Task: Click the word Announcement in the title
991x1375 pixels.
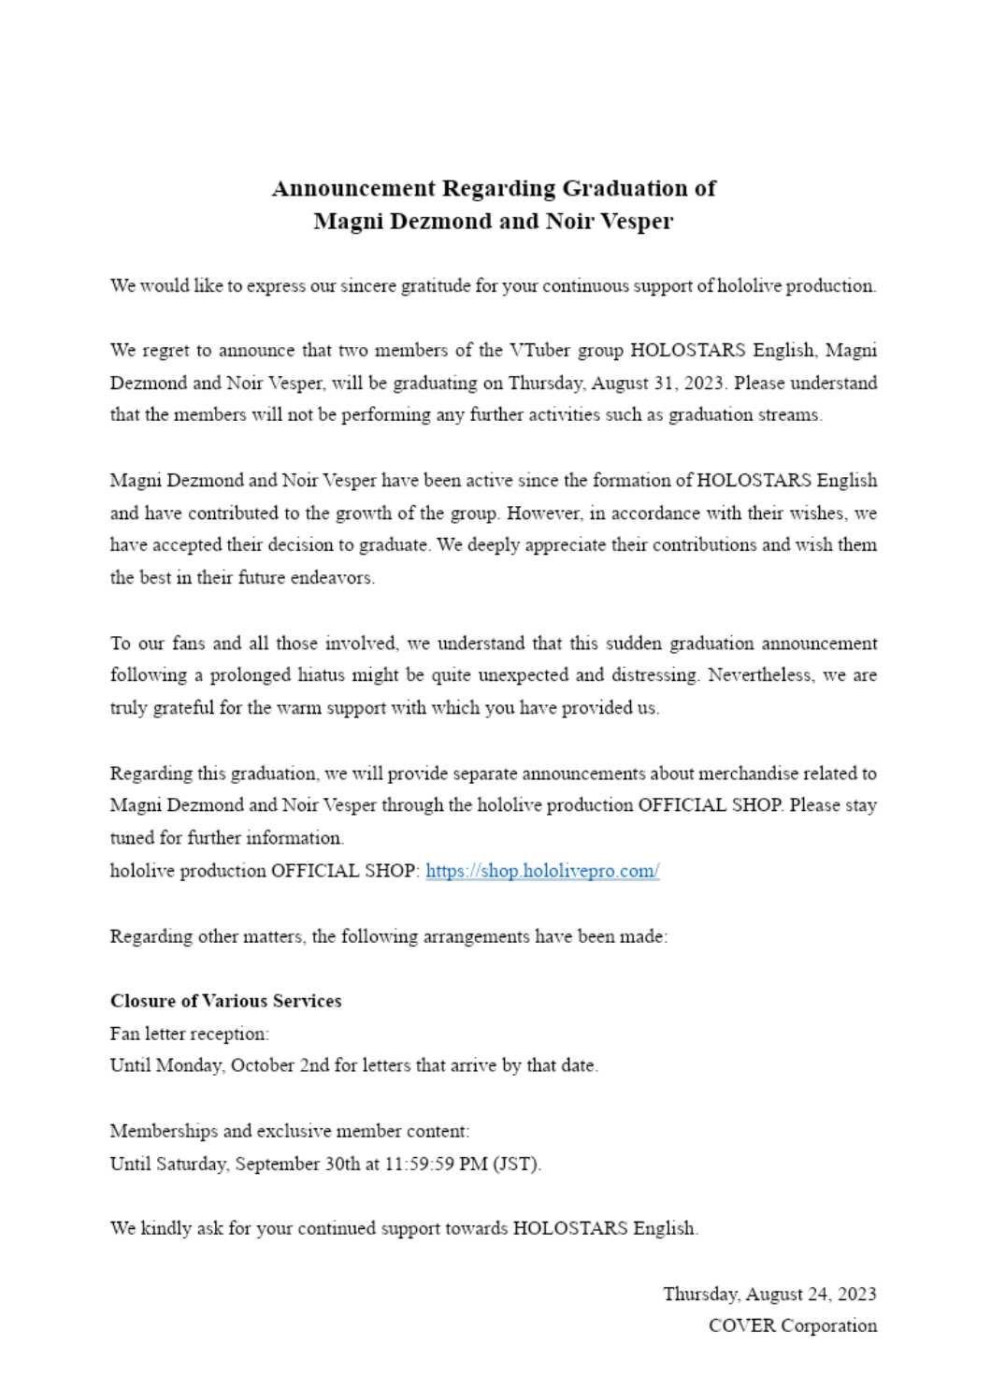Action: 353,189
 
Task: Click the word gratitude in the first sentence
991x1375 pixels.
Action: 436,286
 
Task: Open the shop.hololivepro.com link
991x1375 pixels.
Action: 542,871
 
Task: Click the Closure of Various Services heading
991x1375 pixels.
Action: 225,1001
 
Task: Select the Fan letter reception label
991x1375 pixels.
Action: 189,1034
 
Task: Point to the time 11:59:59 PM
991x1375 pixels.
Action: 436,1165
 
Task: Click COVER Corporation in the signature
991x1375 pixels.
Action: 792,1326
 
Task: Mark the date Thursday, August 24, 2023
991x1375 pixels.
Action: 769,1295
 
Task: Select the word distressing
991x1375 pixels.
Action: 653,675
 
